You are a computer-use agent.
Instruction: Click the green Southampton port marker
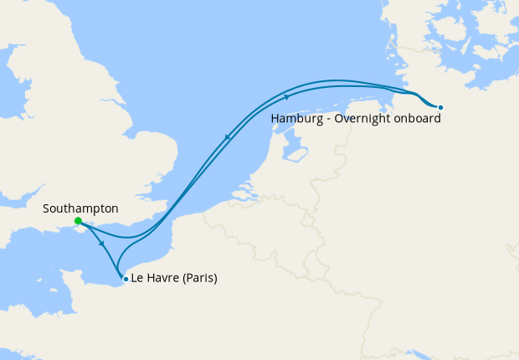(x=77, y=221)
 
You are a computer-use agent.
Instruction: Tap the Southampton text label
(x=80, y=208)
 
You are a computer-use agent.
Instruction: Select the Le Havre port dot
(x=126, y=279)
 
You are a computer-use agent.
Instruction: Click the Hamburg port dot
(x=440, y=107)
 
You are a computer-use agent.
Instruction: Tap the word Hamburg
(x=296, y=119)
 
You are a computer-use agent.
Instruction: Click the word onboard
(x=418, y=119)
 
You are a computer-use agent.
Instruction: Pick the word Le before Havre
(x=138, y=279)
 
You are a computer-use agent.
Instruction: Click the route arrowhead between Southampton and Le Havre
(x=102, y=244)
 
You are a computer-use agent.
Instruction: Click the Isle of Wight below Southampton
(x=81, y=232)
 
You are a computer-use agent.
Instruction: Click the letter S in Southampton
(x=46, y=208)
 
